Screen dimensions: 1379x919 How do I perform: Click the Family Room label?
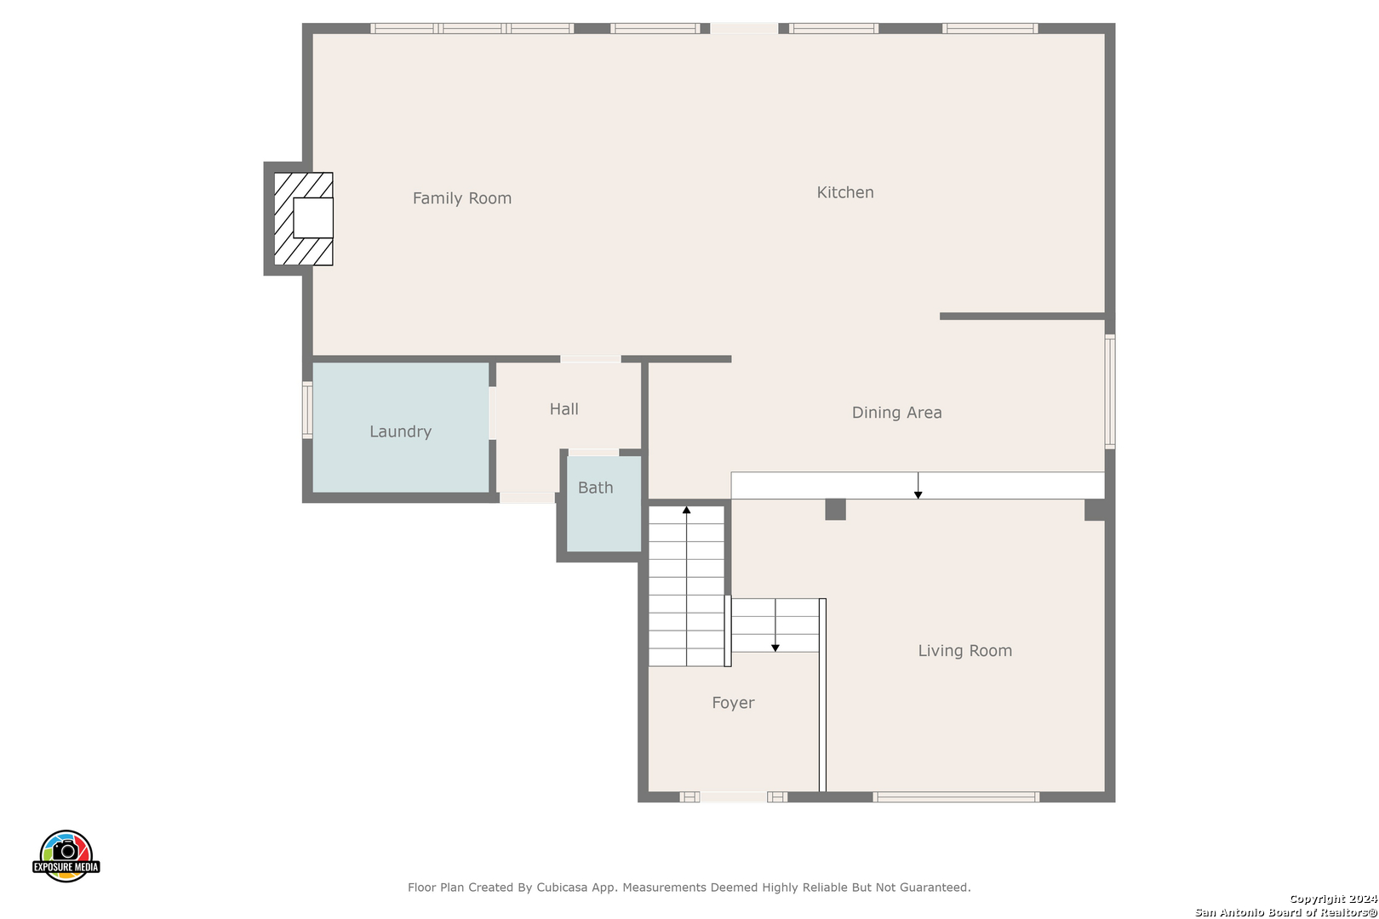pyautogui.click(x=461, y=198)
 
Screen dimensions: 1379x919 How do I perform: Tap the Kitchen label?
pyautogui.click(x=845, y=192)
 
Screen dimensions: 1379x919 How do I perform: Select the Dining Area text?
pyautogui.click(x=897, y=413)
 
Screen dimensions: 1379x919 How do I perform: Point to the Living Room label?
pyautogui.click(x=964, y=651)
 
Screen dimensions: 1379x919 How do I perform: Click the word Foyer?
pyautogui.click(x=733, y=703)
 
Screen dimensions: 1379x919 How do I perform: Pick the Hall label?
pyautogui.click(x=564, y=409)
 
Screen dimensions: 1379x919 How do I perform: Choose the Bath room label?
pyautogui.click(x=595, y=488)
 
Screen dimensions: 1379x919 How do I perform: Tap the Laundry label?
pyautogui.click(x=400, y=431)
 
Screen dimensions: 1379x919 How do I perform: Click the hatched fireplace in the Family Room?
pyautogui.click(x=304, y=220)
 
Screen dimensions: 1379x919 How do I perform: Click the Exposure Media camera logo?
pyautogui.click(x=66, y=856)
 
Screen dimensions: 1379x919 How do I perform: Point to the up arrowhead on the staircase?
pyautogui.click(x=686, y=510)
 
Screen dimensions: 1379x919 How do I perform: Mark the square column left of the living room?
pyautogui.click(x=835, y=510)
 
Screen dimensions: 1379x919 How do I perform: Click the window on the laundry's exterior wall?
pyautogui.click(x=307, y=410)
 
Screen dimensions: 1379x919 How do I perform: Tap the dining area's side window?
pyautogui.click(x=1110, y=391)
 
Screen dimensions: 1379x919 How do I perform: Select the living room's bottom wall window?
pyautogui.click(x=956, y=797)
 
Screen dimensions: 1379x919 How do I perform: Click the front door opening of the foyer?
pyautogui.click(x=733, y=797)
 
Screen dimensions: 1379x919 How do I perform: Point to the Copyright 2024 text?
pyautogui.click(x=1333, y=899)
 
